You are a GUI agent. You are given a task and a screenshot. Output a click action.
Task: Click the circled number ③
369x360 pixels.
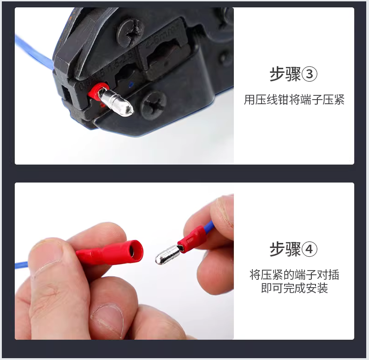(x=309, y=74)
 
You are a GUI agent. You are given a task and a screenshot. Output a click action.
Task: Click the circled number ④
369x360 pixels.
(x=309, y=249)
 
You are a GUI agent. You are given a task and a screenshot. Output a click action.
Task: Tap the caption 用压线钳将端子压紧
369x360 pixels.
(x=294, y=100)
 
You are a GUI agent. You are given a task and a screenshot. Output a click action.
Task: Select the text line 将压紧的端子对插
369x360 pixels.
(x=294, y=275)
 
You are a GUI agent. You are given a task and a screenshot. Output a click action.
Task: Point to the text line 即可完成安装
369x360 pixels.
(x=294, y=288)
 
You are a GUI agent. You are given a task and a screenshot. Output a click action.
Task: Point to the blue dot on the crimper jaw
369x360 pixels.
(x=131, y=84)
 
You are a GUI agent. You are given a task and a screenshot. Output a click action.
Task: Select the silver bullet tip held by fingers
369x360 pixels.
(x=167, y=254)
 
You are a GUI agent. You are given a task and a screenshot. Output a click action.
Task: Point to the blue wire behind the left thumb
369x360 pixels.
(x=22, y=265)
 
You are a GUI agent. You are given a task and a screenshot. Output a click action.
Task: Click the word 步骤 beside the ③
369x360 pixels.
(x=285, y=74)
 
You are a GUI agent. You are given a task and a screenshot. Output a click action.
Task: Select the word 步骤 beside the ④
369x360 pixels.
(x=285, y=249)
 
